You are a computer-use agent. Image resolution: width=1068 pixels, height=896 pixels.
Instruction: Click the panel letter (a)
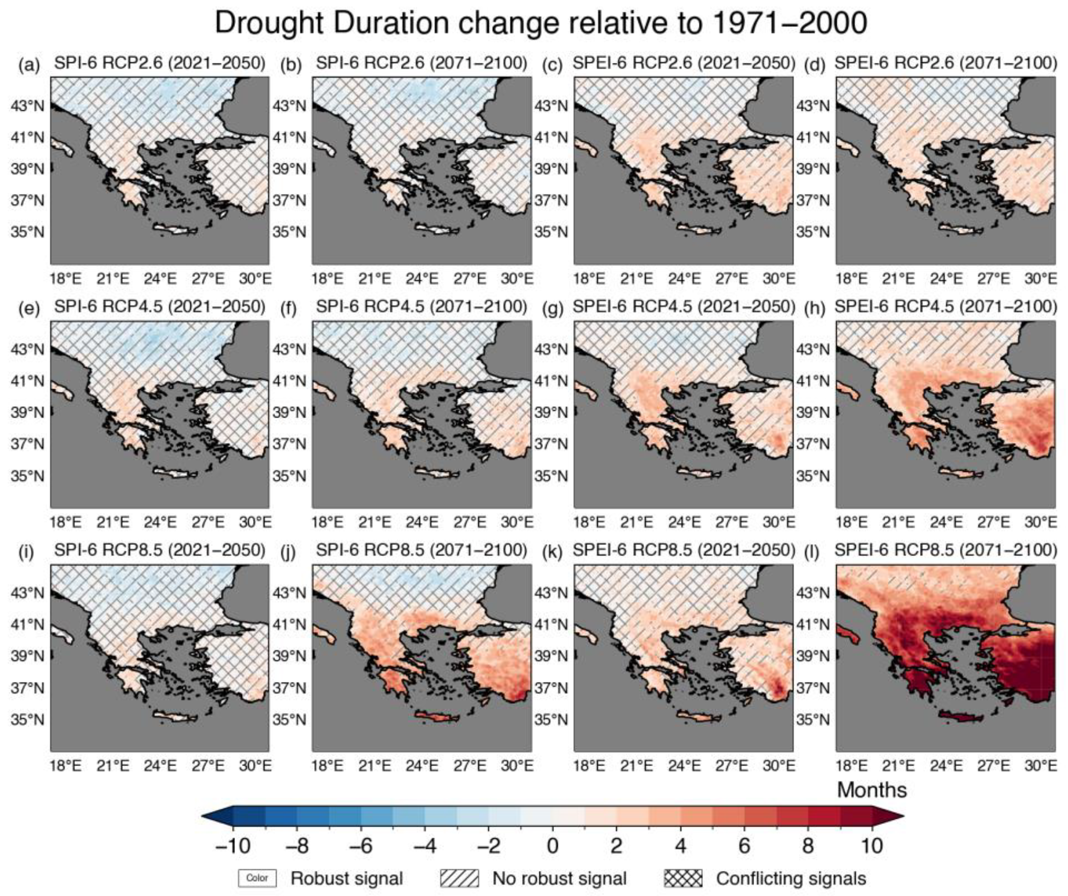point(28,64)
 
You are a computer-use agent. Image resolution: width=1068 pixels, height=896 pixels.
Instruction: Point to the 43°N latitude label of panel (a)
point(28,106)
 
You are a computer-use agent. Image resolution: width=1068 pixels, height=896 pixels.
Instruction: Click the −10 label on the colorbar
point(233,846)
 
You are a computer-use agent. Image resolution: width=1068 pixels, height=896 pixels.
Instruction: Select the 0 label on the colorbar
point(552,846)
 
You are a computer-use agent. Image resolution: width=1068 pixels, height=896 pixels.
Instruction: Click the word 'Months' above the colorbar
point(872,790)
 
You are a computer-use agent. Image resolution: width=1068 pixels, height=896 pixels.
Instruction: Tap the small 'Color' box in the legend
point(257,878)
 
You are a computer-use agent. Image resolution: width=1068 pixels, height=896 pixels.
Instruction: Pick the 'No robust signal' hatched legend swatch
point(459,878)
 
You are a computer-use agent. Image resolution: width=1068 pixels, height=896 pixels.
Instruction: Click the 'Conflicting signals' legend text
point(791,878)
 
